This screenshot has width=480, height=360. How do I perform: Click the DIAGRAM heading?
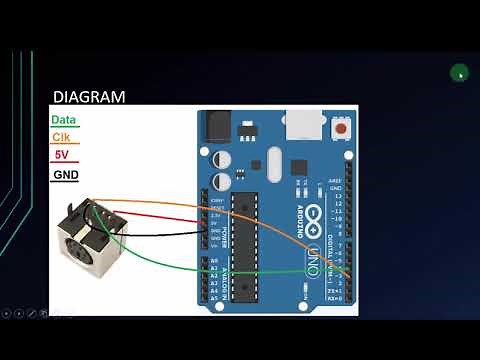[x=89, y=97]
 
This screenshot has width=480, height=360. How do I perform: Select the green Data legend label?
[x=63, y=119]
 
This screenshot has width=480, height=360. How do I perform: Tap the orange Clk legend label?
[x=61, y=137]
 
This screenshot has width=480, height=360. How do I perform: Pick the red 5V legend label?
[x=60, y=155]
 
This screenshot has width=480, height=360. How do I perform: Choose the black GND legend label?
[x=64, y=174]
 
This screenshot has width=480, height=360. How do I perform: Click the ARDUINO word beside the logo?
[x=298, y=211]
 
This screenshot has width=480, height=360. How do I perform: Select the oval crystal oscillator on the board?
[x=274, y=159]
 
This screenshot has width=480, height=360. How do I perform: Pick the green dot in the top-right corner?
[x=459, y=72]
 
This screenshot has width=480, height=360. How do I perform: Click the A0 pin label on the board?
[x=213, y=260]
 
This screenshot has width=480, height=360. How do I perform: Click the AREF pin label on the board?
[x=335, y=181]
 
